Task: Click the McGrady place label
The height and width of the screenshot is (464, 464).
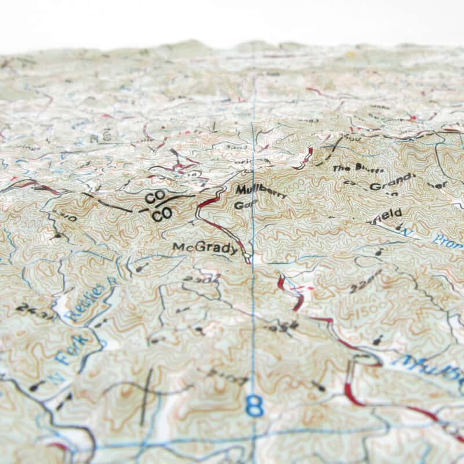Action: pyautogui.click(x=205, y=248)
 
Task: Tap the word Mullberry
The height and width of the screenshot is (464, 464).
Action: pyautogui.click(x=261, y=191)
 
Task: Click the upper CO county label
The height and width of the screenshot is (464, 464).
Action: pyautogui.click(x=154, y=198)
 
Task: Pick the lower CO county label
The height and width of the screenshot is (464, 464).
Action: pyautogui.click(x=162, y=213)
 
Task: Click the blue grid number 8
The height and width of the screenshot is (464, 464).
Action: pyautogui.click(x=254, y=407)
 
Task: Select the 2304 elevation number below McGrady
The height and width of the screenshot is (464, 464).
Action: pyautogui.click(x=193, y=280)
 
